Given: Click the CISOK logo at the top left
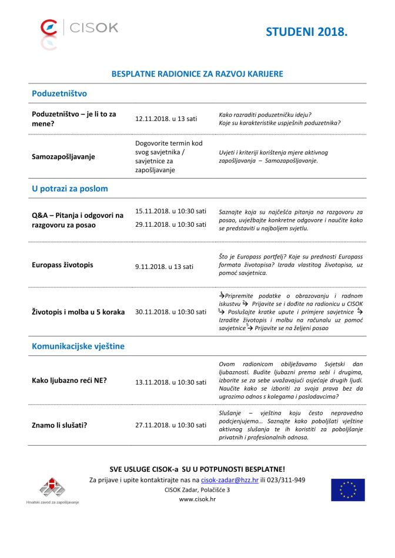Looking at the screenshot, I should click(79, 28).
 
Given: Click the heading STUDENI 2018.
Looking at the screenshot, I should click(306, 32).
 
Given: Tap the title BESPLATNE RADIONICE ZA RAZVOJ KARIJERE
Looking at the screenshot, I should click(197, 74).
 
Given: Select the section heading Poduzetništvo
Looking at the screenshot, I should click(59, 93).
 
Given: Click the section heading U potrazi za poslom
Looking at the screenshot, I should click(69, 189).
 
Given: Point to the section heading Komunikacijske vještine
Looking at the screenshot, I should click(79, 347).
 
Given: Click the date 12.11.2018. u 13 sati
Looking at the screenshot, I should click(166, 118).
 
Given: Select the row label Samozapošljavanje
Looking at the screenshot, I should click(63, 157).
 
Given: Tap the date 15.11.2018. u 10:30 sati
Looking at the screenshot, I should click(170, 211).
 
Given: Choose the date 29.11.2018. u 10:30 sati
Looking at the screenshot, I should click(170, 224).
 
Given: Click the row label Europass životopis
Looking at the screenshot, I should click(62, 265).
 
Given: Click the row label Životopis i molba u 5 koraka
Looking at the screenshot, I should click(78, 312).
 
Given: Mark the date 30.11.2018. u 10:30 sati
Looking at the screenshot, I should click(170, 312).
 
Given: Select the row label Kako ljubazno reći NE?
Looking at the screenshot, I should click(69, 380).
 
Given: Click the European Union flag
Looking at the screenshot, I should click(347, 490).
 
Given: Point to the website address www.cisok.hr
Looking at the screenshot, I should click(197, 499).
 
